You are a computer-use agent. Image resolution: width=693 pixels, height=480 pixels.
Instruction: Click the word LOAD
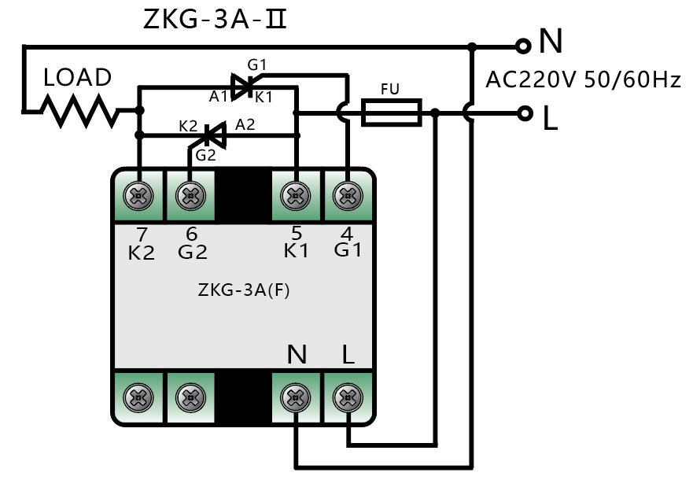coord(77,78)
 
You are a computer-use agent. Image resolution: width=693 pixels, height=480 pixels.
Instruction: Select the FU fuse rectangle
coord(391,113)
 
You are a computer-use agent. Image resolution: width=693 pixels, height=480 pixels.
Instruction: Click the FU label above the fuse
coord(389,89)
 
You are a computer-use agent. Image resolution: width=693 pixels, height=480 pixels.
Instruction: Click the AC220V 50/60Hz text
coord(583,80)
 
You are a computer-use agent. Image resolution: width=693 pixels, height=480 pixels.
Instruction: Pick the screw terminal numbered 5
coord(296,195)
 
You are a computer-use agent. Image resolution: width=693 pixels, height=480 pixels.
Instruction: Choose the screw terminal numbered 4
coord(346,195)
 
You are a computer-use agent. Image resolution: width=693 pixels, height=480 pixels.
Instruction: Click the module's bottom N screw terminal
coord(296,397)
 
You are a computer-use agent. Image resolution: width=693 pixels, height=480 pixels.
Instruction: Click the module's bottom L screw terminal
coord(346,397)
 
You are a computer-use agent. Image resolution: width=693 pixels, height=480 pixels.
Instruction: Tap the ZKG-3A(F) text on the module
coord(244,290)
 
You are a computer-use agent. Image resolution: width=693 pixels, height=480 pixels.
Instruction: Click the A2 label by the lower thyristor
coord(246,124)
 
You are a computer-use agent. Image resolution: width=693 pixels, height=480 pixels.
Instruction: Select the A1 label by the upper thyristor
coord(218,96)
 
